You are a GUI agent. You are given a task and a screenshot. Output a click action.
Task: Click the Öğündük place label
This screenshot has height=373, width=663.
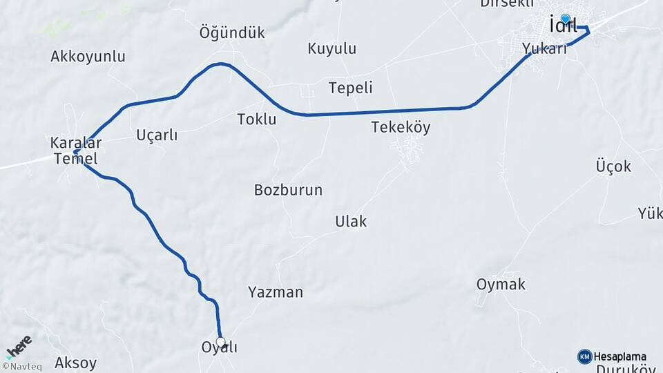[x=232, y=32]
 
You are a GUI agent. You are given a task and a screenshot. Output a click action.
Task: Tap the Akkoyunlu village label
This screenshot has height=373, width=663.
[x=88, y=57]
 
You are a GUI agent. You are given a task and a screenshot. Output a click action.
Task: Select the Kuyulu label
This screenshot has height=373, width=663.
[x=331, y=48]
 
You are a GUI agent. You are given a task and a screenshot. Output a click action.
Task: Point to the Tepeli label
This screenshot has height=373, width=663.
[x=350, y=88]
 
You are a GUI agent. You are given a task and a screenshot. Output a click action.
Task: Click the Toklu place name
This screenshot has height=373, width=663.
[x=256, y=119]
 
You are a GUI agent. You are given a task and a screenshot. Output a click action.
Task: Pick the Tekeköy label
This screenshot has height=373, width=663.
[x=401, y=127]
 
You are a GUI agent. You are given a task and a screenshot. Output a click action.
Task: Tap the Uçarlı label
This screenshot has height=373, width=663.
[x=157, y=135]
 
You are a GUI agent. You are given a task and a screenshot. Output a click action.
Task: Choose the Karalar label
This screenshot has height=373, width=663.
[x=75, y=143]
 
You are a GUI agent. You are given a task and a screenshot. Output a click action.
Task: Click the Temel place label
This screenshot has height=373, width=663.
[x=75, y=159]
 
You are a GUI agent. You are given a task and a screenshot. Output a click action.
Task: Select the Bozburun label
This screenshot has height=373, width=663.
[x=288, y=190]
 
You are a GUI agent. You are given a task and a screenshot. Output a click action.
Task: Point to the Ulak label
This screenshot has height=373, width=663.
[x=351, y=222]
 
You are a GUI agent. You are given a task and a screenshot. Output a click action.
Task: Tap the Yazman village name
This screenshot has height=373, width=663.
[x=276, y=292]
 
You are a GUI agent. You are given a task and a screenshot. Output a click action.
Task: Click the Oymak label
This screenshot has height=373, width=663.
[x=501, y=284]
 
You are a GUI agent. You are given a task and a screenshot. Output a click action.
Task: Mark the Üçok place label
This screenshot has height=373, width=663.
[x=613, y=166]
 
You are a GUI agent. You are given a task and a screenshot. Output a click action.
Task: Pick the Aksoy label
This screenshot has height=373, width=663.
[x=75, y=363]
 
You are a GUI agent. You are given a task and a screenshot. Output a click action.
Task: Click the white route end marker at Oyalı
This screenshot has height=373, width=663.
[x=221, y=342]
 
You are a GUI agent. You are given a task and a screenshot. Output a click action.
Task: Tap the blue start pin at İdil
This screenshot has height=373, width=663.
[x=566, y=19]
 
